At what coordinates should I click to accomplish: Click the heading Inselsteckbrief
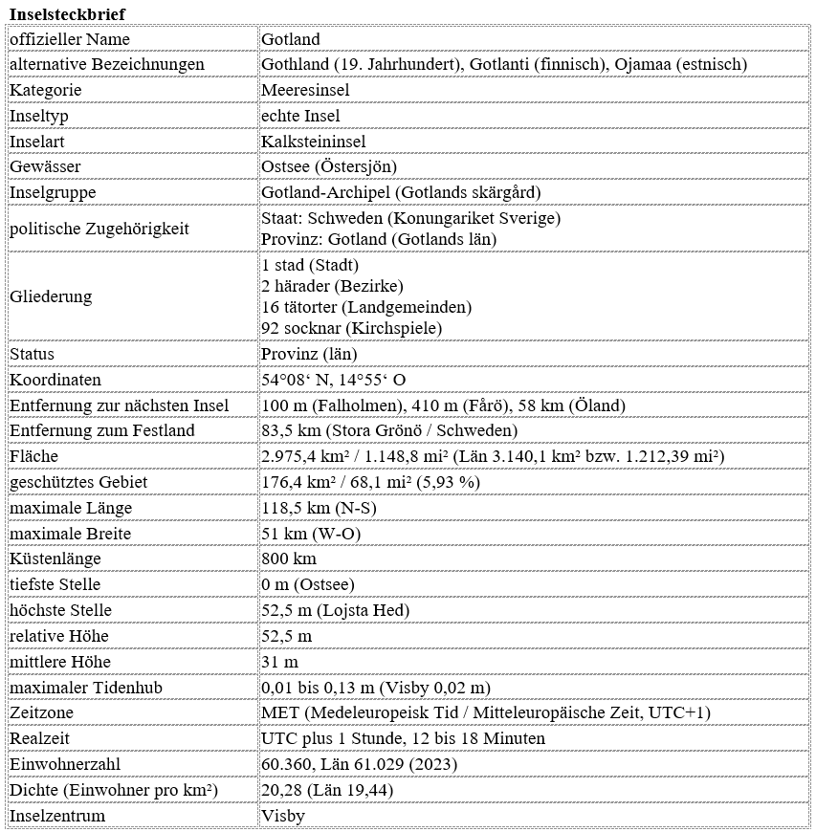pos(67,14)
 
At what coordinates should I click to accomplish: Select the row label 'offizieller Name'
pos(70,39)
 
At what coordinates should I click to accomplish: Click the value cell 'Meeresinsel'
pos(305,90)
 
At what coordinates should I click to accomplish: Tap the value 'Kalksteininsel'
pos(313,142)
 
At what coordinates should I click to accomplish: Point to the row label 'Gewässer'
pos(45,166)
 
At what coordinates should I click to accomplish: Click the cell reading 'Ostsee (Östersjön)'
pos(329,166)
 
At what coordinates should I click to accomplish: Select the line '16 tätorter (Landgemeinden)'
pos(366,307)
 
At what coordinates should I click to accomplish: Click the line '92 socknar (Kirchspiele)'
pos(351,328)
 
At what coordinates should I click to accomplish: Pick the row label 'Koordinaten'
pos(55,380)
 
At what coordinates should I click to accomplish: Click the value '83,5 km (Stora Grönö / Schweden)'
pos(390,430)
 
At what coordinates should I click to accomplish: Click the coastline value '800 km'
pos(289,558)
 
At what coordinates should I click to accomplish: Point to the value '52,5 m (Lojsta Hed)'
pos(336,610)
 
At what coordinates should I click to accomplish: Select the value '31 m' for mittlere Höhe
pos(279,662)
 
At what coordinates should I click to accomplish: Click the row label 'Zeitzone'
pos(41,713)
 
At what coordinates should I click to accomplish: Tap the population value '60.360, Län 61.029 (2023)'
pos(359,765)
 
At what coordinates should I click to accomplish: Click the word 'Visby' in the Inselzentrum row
pos(283,817)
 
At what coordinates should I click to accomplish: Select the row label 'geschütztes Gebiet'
pos(78,482)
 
